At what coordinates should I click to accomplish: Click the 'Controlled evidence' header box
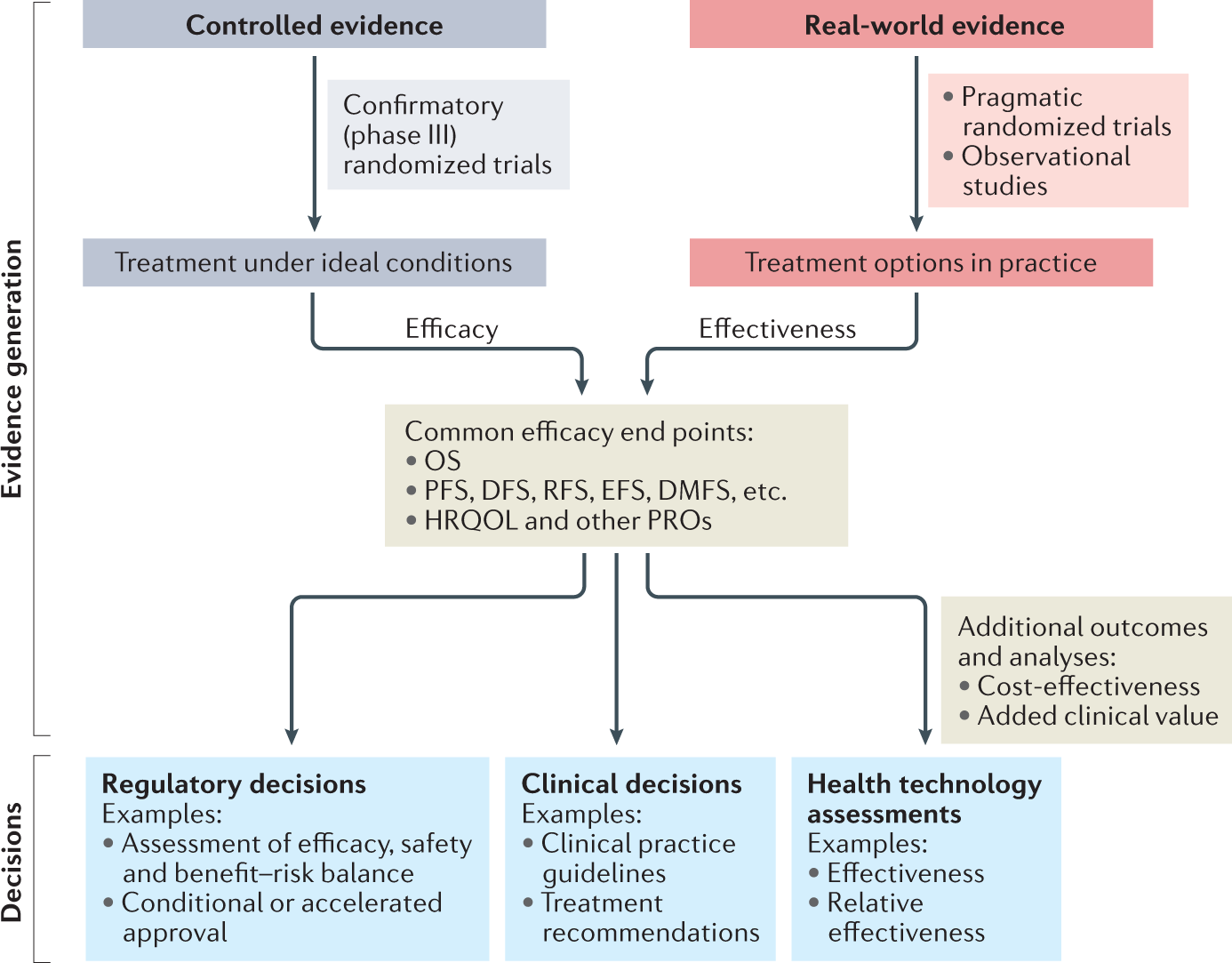[314, 25]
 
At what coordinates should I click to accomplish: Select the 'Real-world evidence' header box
[921, 25]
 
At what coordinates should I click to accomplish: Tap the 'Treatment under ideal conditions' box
[314, 262]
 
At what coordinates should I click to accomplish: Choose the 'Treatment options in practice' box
[921, 262]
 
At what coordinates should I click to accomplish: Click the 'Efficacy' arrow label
[452, 329]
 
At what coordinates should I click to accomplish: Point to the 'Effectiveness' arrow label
[777, 329]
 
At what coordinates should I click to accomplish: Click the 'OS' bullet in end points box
[442, 461]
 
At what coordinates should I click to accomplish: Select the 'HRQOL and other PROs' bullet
[567, 520]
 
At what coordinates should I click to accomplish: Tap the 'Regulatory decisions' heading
[234, 783]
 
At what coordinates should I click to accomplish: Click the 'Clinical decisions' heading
[631, 783]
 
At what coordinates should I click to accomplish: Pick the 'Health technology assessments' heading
[924, 798]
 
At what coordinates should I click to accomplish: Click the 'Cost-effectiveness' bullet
[1088, 686]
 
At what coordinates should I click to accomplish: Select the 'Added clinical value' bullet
[1097, 716]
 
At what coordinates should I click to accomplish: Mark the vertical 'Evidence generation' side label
[12, 369]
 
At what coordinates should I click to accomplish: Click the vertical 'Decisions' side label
[12, 861]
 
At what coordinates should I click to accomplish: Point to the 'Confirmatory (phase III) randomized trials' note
[447, 135]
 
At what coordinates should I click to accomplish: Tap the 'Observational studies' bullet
[1045, 171]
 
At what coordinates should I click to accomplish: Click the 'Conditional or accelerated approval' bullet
[281, 917]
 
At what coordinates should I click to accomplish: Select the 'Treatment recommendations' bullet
[650, 917]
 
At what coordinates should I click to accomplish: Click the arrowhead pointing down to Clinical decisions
[617, 736]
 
